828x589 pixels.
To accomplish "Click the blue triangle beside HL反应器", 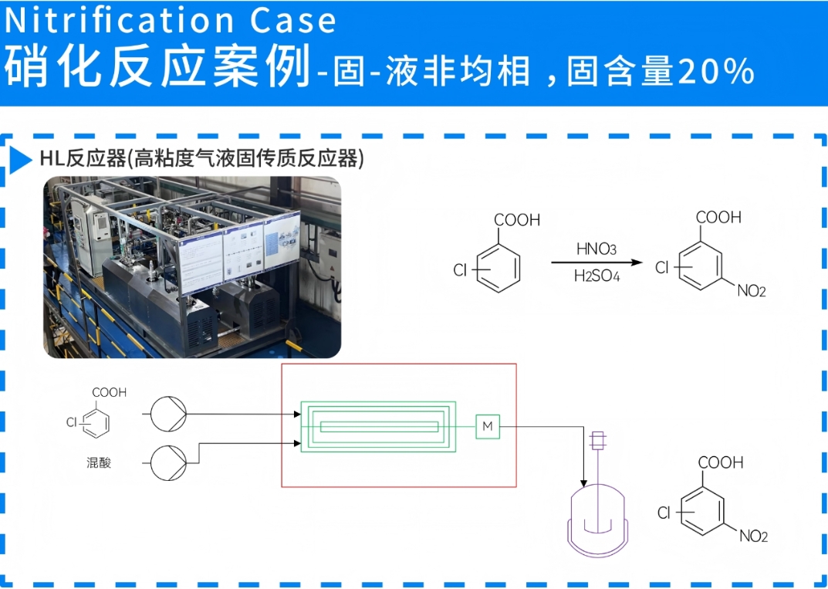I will pyautogui.click(x=21, y=159).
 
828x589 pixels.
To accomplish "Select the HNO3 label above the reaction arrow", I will pyautogui.click(x=596, y=249).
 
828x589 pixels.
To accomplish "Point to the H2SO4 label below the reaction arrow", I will pyautogui.click(x=596, y=276).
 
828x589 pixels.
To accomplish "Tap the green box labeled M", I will pyautogui.click(x=487, y=425).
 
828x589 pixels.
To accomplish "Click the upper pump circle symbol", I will pyautogui.click(x=167, y=414).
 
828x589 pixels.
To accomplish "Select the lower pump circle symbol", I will pyautogui.click(x=167, y=462).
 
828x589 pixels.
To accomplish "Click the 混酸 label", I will pyautogui.click(x=99, y=463).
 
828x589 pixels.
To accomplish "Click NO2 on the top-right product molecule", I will pyautogui.click(x=751, y=291).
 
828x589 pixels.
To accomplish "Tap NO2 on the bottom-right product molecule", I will pyautogui.click(x=753, y=537).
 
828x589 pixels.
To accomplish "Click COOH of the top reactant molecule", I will pyautogui.click(x=516, y=221).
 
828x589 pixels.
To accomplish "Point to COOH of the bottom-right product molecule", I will pyautogui.click(x=721, y=463).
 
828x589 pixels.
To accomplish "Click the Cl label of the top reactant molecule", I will pyautogui.click(x=460, y=270).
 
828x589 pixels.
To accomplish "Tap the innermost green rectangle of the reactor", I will pyautogui.click(x=379, y=426).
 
